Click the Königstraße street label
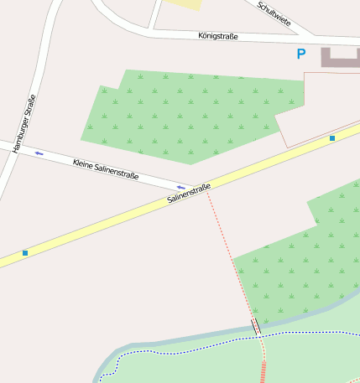(218, 36)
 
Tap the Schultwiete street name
(274, 13)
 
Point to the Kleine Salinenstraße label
(106, 168)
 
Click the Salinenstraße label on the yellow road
(189, 194)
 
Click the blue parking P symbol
(301, 54)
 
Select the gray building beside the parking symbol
(340, 58)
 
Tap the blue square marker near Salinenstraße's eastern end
(332, 137)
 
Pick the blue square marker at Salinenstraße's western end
(25, 252)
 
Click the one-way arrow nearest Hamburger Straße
(39, 153)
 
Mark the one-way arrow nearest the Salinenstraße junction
(180, 187)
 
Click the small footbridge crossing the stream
(256, 327)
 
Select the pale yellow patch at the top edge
(186, 4)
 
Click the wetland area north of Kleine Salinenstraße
(189, 113)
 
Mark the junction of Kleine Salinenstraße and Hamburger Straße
(12, 148)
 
